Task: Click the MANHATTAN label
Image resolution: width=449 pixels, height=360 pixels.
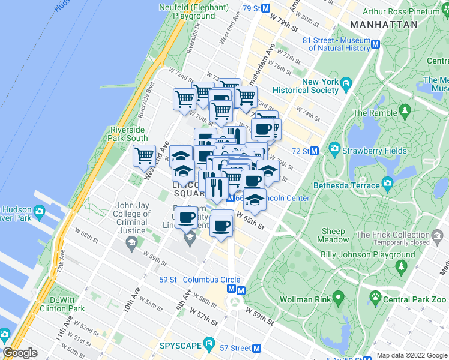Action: (383, 25)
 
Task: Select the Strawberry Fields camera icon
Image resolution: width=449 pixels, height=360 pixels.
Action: (334, 149)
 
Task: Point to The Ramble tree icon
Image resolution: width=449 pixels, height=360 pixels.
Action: (405, 111)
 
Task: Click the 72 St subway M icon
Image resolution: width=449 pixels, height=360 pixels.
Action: (313, 151)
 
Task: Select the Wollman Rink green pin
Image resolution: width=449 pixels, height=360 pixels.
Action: (338, 296)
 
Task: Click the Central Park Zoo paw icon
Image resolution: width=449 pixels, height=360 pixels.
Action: (376, 296)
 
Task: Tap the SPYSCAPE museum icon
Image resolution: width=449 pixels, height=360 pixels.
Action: (209, 343)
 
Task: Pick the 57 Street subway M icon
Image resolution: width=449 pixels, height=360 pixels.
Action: (256, 348)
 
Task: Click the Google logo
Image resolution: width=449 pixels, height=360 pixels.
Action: (20, 352)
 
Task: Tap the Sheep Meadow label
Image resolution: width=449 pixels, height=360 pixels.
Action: (334, 235)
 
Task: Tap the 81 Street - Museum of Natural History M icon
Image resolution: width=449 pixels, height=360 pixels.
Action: (376, 44)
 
